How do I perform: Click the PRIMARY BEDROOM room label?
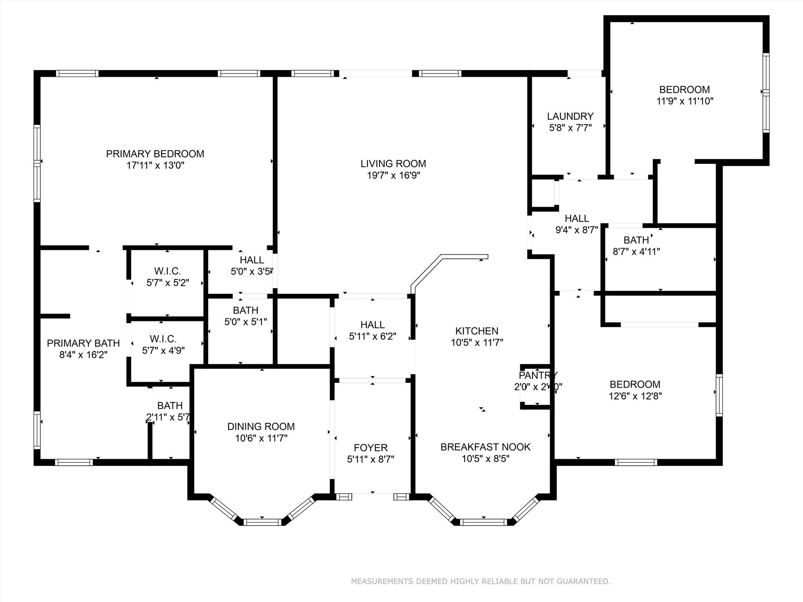pyautogui.click(x=155, y=154)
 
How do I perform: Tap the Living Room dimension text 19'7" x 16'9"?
pyautogui.click(x=393, y=175)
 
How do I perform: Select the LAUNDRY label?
pyautogui.click(x=570, y=116)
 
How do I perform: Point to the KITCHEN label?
pyautogui.click(x=477, y=331)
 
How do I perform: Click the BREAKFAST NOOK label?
pyautogui.click(x=485, y=447)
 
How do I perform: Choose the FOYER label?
pyautogui.click(x=371, y=448)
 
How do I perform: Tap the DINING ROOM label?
pyautogui.click(x=261, y=426)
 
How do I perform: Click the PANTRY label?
pyautogui.click(x=538, y=375)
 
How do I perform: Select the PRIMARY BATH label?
pyautogui.click(x=83, y=343)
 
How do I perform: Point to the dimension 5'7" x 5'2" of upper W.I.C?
pyautogui.click(x=168, y=283)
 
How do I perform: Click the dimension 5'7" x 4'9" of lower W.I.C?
pyautogui.click(x=163, y=350)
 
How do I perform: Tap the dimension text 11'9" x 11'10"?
pyautogui.click(x=685, y=101)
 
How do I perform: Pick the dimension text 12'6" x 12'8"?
pyautogui.click(x=635, y=396)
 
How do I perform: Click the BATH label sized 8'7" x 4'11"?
pyautogui.click(x=636, y=240)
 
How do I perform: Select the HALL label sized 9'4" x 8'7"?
pyautogui.click(x=577, y=218)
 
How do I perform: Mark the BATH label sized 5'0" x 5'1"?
pyautogui.click(x=245, y=310)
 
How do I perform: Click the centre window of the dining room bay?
pyautogui.click(x=262, y=522)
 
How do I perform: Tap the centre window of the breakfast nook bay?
pyautogui.click(x=483, y=522)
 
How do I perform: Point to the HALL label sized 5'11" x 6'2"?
pyautogui.click(x=372, y=325)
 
